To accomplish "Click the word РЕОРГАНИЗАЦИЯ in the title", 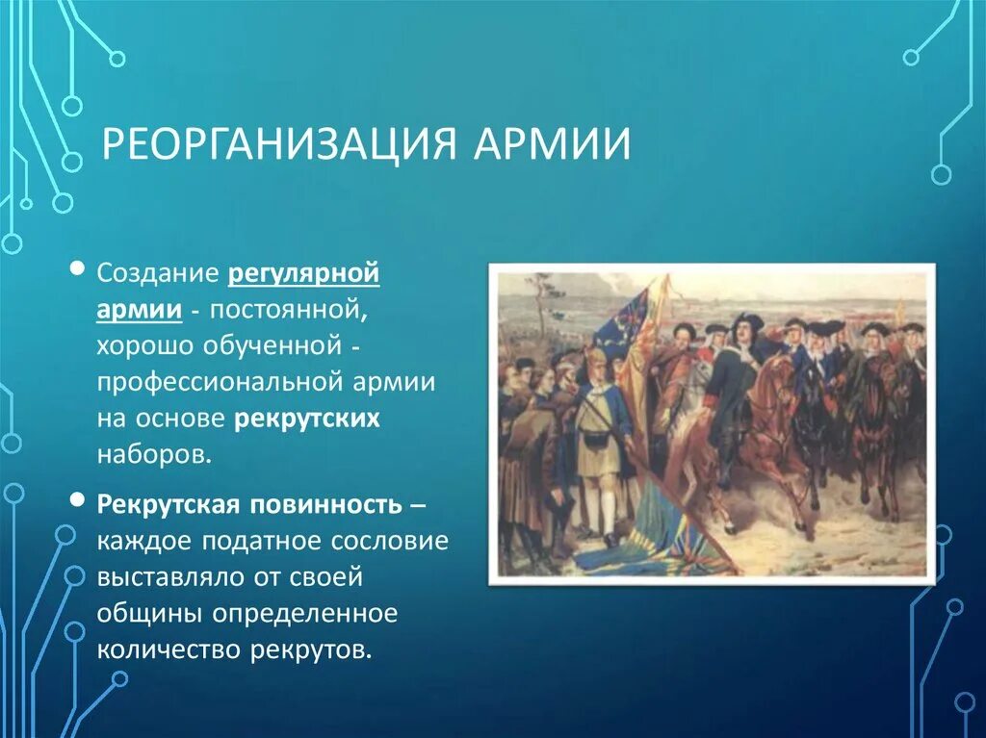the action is pos(278,144).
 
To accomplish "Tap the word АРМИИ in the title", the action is pos(552,144).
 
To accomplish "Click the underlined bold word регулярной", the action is pos(303,276).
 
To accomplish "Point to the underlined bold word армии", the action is pos(140,311).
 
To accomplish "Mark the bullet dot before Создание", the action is pos(77,269).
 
